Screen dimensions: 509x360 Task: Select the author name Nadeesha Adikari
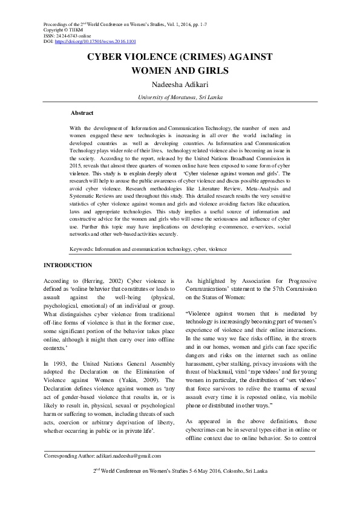179,85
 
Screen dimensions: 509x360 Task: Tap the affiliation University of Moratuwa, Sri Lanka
179,97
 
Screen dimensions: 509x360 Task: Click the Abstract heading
82,113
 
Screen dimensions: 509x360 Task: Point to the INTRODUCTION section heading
68,265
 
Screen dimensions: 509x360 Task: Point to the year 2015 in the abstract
77,163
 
